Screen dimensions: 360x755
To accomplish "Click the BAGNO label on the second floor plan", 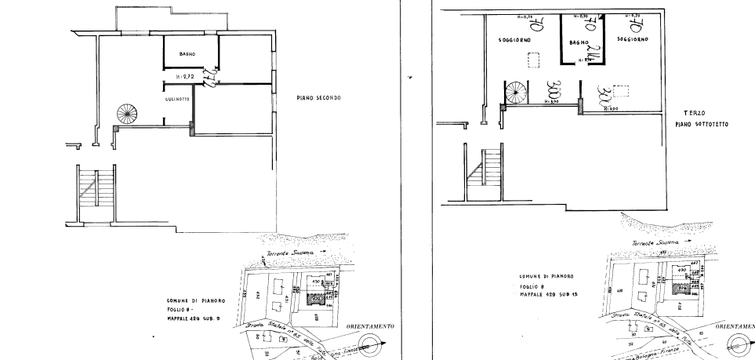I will pos(187,53).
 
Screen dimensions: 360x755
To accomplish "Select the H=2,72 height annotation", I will pos(186,76).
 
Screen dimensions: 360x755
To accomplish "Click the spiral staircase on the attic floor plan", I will pos(516,95).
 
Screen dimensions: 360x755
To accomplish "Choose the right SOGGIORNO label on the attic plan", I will pos(631,38).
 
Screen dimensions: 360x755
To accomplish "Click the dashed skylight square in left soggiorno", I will pos(537,60).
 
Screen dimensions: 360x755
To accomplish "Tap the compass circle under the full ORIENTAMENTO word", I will pos(372,341).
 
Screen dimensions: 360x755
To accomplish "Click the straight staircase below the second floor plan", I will pos(96,191).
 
